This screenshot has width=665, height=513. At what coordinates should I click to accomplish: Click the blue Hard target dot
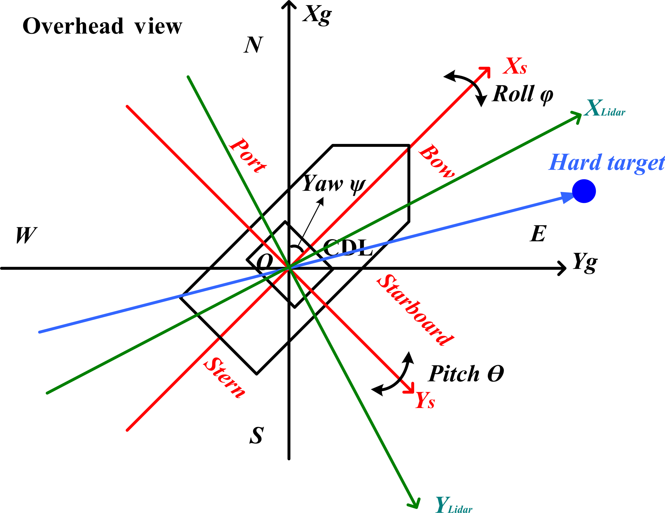584,191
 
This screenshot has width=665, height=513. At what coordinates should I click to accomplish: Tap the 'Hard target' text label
606,163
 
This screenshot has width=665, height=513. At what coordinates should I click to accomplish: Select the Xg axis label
317,15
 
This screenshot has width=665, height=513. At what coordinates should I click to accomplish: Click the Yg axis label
585,262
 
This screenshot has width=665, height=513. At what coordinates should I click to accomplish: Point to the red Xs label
515,66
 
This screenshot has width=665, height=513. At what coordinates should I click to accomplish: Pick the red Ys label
425,400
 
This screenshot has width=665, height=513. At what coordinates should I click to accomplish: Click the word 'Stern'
225,378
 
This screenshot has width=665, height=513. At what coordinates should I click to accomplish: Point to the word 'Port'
248,155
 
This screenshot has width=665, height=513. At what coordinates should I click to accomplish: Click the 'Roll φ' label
523,94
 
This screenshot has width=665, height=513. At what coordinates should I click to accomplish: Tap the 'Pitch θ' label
466,374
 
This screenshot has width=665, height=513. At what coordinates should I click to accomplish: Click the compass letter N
254,45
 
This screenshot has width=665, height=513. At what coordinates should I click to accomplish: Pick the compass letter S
257,436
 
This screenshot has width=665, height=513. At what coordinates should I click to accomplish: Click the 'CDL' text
348,248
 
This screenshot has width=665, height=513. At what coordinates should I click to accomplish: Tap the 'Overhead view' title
102,26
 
